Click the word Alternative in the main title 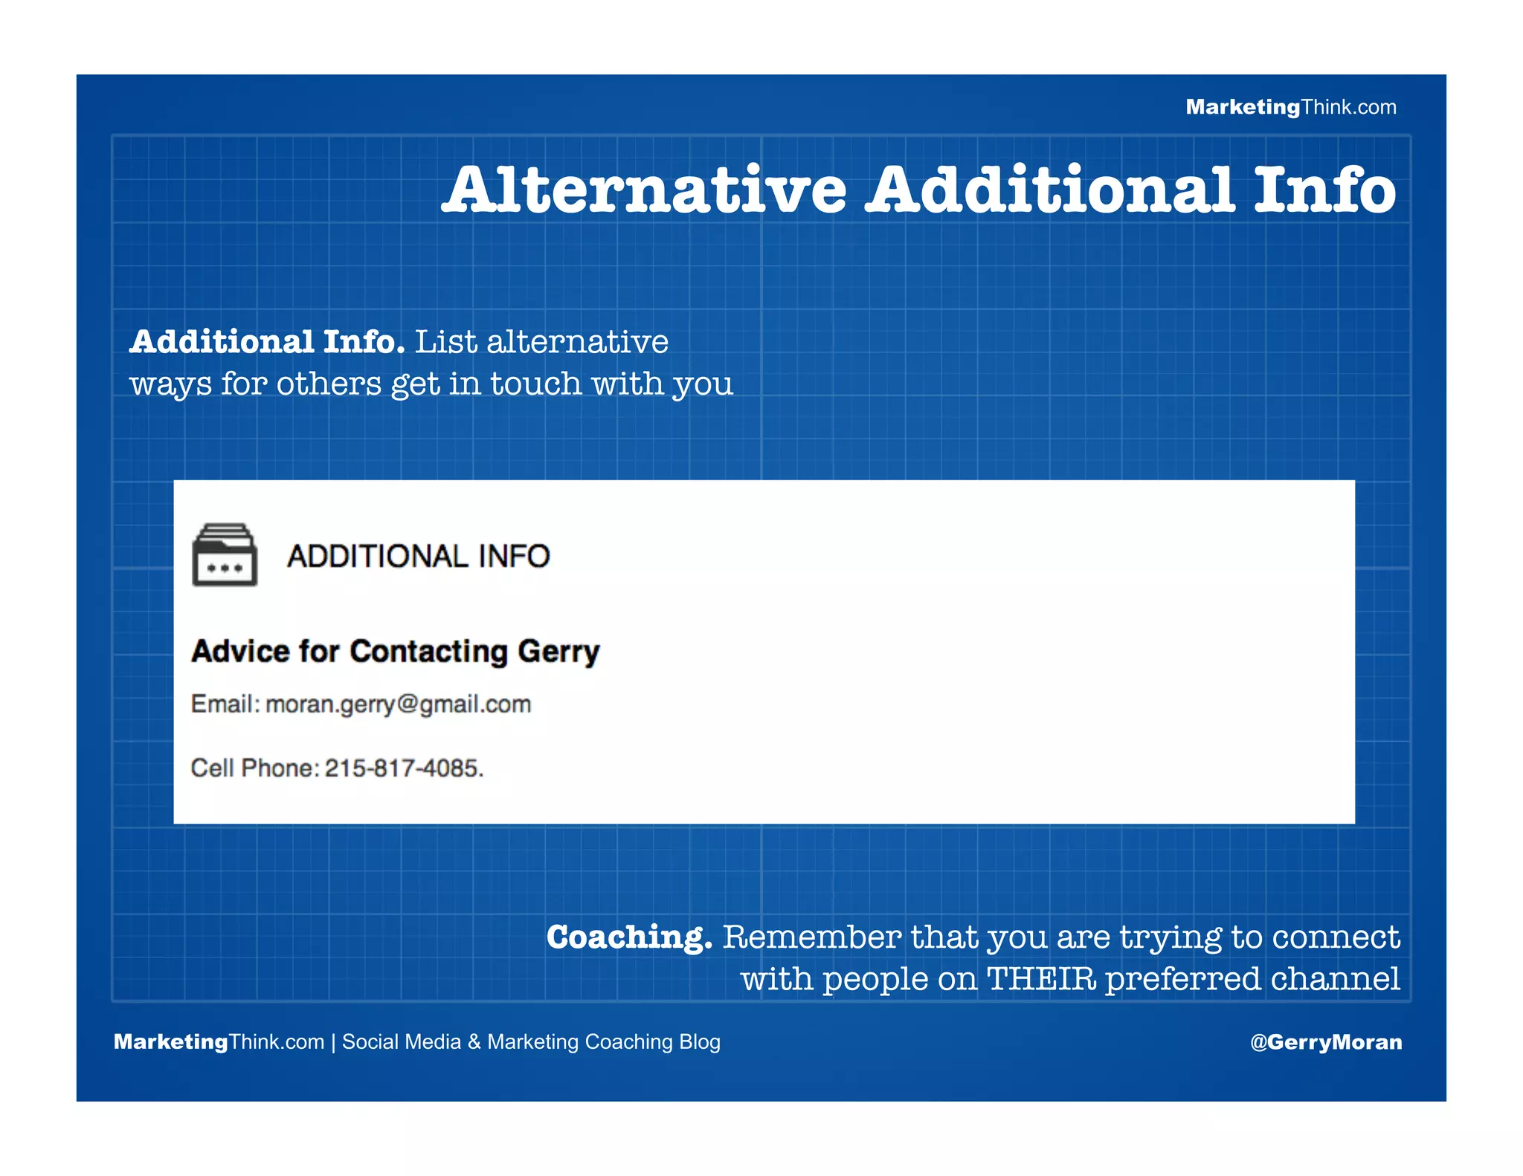(x=644, y=190)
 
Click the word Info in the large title (x=1324, y=190)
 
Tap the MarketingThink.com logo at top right (x=1290, y=107)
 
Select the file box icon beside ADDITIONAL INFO (x=225, y=555)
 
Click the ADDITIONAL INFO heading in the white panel (x=418, y=556)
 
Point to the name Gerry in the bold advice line (x=558, y=651)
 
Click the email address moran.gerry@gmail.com (x=398, y=704)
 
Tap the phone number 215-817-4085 (x=404, y=768)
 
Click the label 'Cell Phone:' (x=254, y=768)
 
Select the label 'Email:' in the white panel (x=225, y=704)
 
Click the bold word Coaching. (x=629, y=937)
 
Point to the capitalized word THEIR (x=1041, y=978)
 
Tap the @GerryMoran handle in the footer (x=1326, y=1042)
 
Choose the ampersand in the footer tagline (x=474, y=1042)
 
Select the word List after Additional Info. (x=445, y=342)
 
